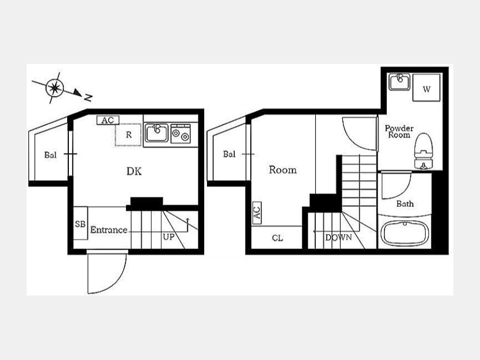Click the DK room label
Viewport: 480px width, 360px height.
pyautogui.click(x=134, y=171)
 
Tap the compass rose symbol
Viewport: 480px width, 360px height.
pyautogui.click(x=55, y=88)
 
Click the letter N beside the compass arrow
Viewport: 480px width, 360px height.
pyautogui.click(x=88, y=98)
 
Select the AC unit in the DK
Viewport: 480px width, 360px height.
pyautogui.click(x=108, y=121)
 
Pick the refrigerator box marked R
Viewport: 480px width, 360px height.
pyautogui.click(x=129, y=135)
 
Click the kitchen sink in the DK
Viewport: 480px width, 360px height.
pyautogui.click(x=156, y=133)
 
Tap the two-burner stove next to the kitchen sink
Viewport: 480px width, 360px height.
pyautogui.click(x=181, y=134)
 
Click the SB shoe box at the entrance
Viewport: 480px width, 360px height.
pyautogui.click(x=81, y=223)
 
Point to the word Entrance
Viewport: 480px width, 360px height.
pyautogui.click(x=109, y=230)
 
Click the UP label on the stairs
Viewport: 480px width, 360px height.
pyautogui.click(x=169, y=237)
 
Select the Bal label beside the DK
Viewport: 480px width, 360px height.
pyautogui.click(x=51, y=155)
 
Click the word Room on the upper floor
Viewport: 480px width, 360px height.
pyautogui.click(x=283, y=170)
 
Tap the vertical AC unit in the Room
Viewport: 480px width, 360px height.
pyautogui.click(x=257, y=213)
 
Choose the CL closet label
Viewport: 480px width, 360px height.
pyautogui.click(x=278, y=238)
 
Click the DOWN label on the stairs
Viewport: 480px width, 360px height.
pyautogui.click(x=339, y=237)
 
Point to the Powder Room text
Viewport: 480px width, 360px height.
pyautogui.click(x=399, y=132)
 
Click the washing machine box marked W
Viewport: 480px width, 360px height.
pyautogui.click(x=427, y=87)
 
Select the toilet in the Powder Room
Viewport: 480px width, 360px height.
pyautogui.click(x=423, y=151)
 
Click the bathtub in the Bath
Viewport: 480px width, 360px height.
pyautogui.click(x=405, y=234)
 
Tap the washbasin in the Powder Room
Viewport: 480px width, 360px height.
pyautogui.click(x=399, y=82)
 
